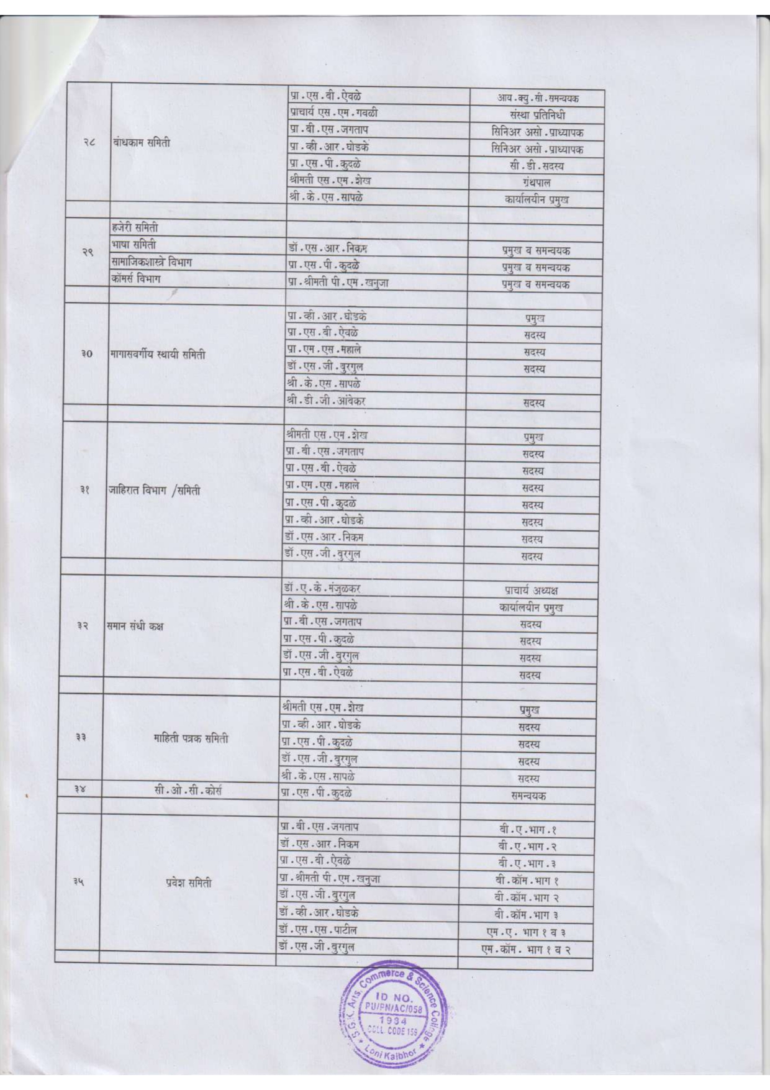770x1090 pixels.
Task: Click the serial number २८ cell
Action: pos(89,143)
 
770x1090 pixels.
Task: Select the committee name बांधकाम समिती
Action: pos(142,142)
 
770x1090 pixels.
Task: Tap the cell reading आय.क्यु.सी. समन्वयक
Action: pos(538,98)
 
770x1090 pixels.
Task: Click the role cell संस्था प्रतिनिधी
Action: pos(537,115)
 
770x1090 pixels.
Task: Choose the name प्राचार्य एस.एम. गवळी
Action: pos(333,112)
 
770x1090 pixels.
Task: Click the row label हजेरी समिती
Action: pos(135,227)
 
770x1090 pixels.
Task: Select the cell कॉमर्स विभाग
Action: pos(136,279)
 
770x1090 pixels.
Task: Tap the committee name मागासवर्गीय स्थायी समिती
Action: pos(158,355)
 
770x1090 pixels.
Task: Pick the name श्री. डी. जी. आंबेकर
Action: pos(326,401)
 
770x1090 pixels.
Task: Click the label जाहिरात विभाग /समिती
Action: pos(155,490)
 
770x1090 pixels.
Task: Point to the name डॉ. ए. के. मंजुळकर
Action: pos(322,588)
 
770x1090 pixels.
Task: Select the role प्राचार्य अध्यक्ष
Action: pos(531,590)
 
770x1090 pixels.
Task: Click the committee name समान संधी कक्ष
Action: pos(135,626)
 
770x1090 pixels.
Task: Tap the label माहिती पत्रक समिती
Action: pos(191,738)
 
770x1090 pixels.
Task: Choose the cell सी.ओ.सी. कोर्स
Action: pos(188,791)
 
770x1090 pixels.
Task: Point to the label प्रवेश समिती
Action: pos(189,883)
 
